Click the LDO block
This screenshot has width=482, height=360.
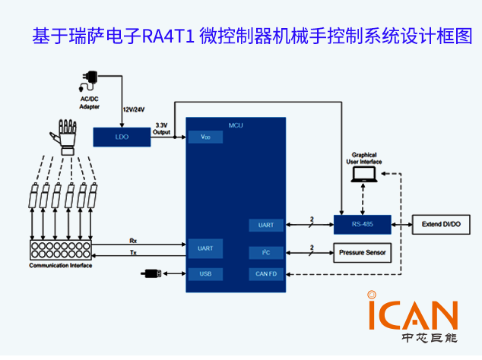click(x=122, y=137)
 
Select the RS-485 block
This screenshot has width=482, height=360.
click(x=362, y=225)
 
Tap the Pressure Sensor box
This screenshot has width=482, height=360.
click(x=362, y=252)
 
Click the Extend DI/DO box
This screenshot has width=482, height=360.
click(x=441, y=225)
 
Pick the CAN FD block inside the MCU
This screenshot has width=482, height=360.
click(x=266, y=273)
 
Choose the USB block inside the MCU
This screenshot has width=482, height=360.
click(x=205, y=273)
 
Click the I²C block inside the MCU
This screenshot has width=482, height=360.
click(x=266, y=252)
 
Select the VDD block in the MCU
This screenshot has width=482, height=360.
click(x=205, y=137)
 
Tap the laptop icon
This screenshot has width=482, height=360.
click(x=363, y=175)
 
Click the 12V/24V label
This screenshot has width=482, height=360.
click(x=134, y=110)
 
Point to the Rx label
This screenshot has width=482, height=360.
click(x=134, y=240)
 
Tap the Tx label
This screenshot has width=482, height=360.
click(x=134, y=252)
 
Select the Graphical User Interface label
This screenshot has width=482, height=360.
click(x=364, y=158)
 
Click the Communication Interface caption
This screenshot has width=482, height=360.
click(x=60, y=266)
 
